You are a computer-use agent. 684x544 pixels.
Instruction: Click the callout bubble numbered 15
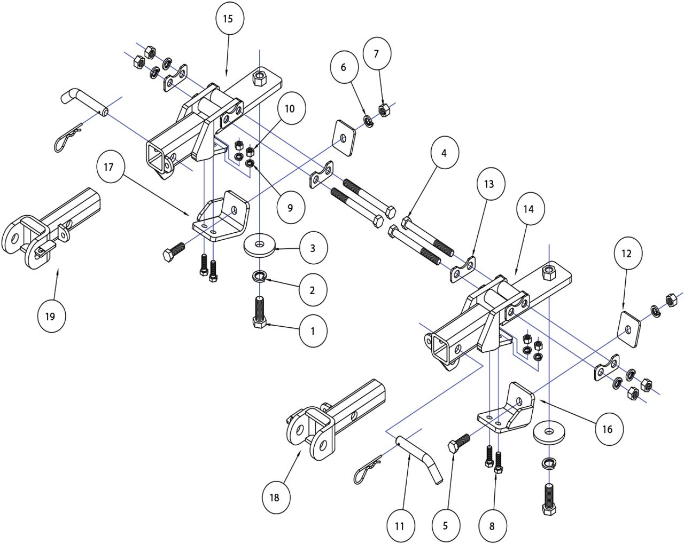pos(228,19)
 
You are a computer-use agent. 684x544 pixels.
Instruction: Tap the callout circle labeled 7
pos(376,54)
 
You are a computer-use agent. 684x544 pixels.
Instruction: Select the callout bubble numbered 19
pos(51,316)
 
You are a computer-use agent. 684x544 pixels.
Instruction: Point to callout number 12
pos(626,254)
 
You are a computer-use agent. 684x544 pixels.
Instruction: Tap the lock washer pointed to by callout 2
pos(260,275)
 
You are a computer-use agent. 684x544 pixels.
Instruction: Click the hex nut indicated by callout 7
pos(384,110)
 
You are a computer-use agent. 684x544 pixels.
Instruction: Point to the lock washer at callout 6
pos(368,122)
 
